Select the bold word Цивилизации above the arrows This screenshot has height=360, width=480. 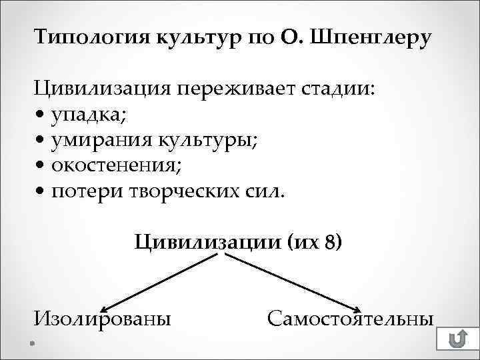point(203,241)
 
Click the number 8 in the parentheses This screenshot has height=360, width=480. point(329,241)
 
